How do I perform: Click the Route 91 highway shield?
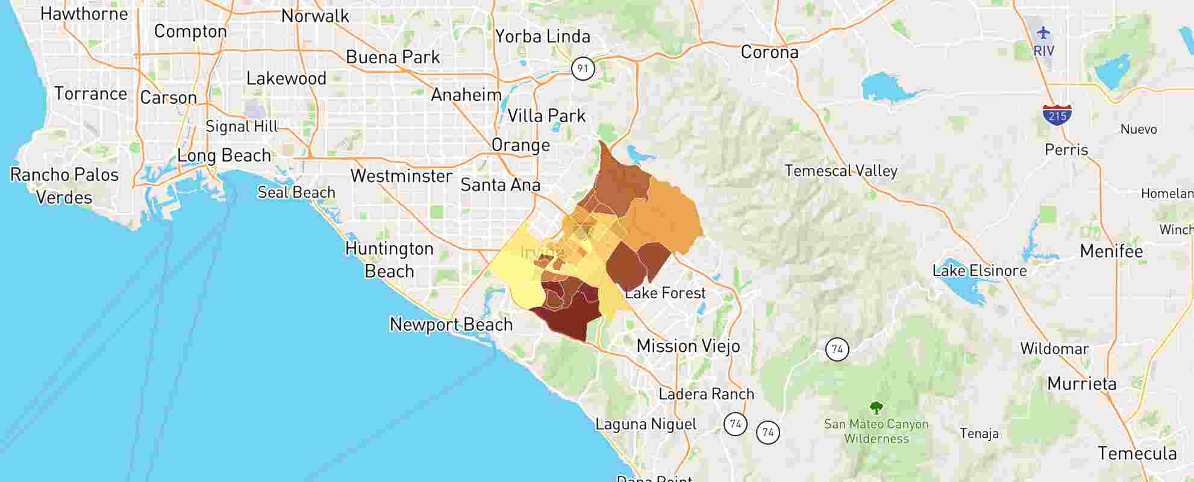[x=583, y=68]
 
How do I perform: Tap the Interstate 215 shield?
[x=1057, y=114]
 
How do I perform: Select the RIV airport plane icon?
[x=1043, y=33]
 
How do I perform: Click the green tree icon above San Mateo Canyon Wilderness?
[x=876, y=408]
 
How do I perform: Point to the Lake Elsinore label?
[x=979, y=271]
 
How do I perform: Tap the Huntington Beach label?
[x=389, y=260]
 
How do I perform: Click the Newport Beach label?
[x=451, y=325]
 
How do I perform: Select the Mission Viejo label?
[x=688, y=346]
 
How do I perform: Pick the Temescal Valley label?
[x=840, y=171]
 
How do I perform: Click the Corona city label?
[x=769, y=52]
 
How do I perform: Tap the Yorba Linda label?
[x=542, y=37]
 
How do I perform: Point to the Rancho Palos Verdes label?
[x=64, y=186]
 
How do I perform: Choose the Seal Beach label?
[x=296, y=193]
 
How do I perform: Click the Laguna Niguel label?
[x=646, y=424]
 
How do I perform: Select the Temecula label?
[x=1137, y=454]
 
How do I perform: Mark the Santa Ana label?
[x=500, y=185]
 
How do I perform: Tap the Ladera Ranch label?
[x=706, y=395]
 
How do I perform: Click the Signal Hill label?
[x=242, y=127]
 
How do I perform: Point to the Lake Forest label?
[x=665, y=293]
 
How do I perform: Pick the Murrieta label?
[x=1081, y=384]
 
